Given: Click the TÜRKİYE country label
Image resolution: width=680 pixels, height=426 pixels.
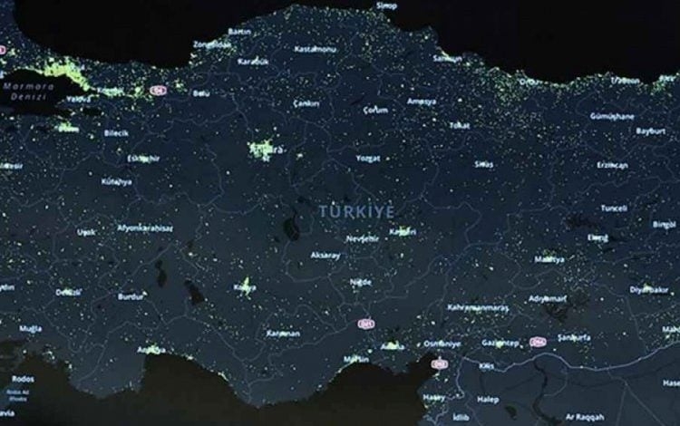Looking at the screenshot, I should point(355,210).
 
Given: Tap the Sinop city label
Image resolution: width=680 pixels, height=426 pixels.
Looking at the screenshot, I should point(387,5).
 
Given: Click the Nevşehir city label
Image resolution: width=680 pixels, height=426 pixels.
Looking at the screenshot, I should point(363,239).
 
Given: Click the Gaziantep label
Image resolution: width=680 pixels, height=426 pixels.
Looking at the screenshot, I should point(500,344).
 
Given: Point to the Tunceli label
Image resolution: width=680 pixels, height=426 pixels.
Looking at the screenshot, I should point(614,208).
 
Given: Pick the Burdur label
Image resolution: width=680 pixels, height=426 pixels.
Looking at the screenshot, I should point(131,295).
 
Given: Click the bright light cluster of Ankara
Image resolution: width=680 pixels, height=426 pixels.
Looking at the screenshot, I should point(263,148).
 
